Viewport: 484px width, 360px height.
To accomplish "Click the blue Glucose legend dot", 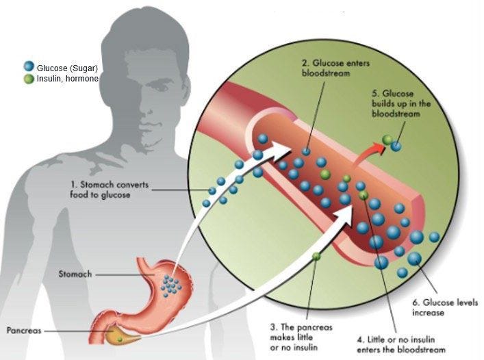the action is click(x=29, y=66).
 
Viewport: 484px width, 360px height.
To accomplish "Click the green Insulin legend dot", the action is click(x=29, y=79).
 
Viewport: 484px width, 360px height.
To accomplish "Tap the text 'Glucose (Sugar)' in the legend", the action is click(x=67, y=68).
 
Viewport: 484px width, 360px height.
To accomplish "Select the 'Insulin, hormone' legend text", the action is click(x=68, y=79).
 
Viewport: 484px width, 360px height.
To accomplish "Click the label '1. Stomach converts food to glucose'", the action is click(x=110, y=190).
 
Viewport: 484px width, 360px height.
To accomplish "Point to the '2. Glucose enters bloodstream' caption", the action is click(x=335, y=68).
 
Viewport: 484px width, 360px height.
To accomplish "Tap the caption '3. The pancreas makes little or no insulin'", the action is click(x=301, y=337).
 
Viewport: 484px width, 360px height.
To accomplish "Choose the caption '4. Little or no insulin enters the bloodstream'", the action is click(x=401, y=344).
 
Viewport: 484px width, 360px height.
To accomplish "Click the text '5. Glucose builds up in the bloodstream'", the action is click(x=401, y=103).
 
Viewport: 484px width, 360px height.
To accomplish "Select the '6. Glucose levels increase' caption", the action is click(x=445, y=307).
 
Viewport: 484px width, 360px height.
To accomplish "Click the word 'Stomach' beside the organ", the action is click(x=75, y=274).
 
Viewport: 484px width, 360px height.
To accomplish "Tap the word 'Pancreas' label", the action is click(x=24, y=331).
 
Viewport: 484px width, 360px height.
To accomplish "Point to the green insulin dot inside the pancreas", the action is click(x=120, y=339).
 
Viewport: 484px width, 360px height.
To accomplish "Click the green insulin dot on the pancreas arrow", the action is click(x=316, y=256).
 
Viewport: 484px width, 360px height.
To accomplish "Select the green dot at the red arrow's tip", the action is click(x=387, y=140).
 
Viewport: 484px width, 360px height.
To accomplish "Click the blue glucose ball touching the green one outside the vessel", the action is click(x=396, y=146).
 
